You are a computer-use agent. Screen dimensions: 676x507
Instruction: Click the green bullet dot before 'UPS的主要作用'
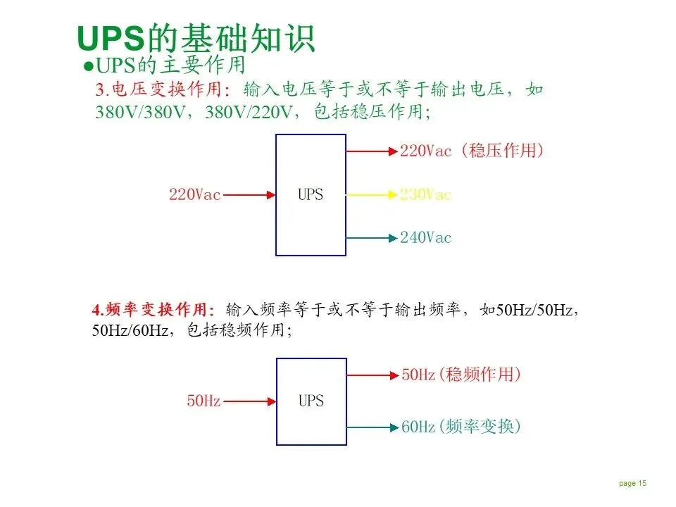[x=89, y=65]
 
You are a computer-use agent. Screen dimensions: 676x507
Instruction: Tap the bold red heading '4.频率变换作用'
[x=153, y=309]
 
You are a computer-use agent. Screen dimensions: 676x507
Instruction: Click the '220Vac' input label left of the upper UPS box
[x=194, y=194]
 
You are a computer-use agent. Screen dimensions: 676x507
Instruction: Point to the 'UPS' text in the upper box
[x=311, y=194]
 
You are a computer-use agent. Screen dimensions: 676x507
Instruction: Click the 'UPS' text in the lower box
[x=311, y=401]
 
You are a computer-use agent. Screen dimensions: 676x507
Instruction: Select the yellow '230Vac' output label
[x=425, y=194]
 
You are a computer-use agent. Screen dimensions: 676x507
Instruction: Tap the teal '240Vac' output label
[x=425, y=237]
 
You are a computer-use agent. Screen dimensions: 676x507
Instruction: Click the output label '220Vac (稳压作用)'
[x=472, y=151]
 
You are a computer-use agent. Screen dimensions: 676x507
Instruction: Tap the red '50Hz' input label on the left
[x=204, y=401]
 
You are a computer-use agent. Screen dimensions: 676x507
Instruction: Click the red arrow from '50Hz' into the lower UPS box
[x=249, y=401]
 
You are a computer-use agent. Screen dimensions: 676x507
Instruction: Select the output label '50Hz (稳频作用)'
[x=461, y=375]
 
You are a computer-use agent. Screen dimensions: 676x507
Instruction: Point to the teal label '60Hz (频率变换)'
[x=461, y=426]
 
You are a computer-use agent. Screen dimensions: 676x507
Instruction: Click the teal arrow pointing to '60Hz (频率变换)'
[x=373, y=427]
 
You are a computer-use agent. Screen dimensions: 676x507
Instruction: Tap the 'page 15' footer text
[x=632, y=483]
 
